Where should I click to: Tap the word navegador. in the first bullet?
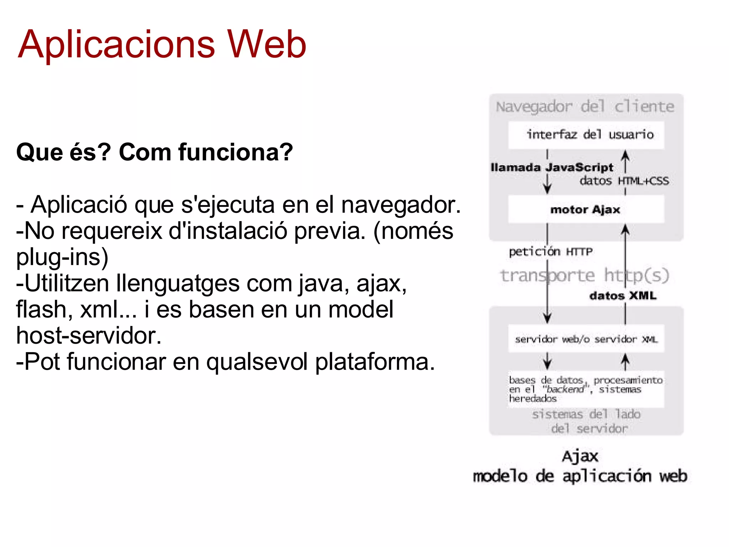[401, 205]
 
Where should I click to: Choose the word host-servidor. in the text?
[89, 335]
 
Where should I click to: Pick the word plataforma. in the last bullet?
[375, 362]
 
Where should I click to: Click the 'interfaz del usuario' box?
[586, 135]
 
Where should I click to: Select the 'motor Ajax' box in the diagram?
[586, 210]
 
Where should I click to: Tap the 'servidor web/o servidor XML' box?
[586, 339]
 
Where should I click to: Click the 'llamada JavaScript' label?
[552, 167]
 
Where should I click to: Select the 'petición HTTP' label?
[551, 252]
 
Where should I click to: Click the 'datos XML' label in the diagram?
[623, 296]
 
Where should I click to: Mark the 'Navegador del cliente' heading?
[585, 106]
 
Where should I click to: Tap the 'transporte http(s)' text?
[584, 276]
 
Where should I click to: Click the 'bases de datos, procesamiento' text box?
[586, 389]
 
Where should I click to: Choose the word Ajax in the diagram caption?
[580, 457]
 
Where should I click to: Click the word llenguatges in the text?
[178, 284]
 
